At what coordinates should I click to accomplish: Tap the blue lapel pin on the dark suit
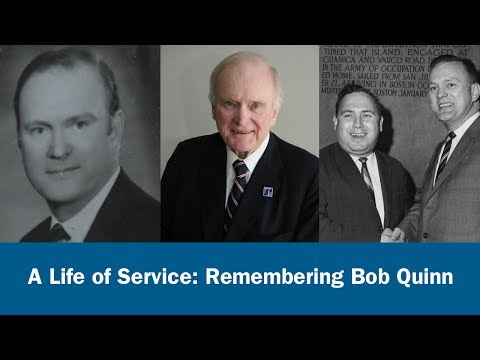pos(269,190)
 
